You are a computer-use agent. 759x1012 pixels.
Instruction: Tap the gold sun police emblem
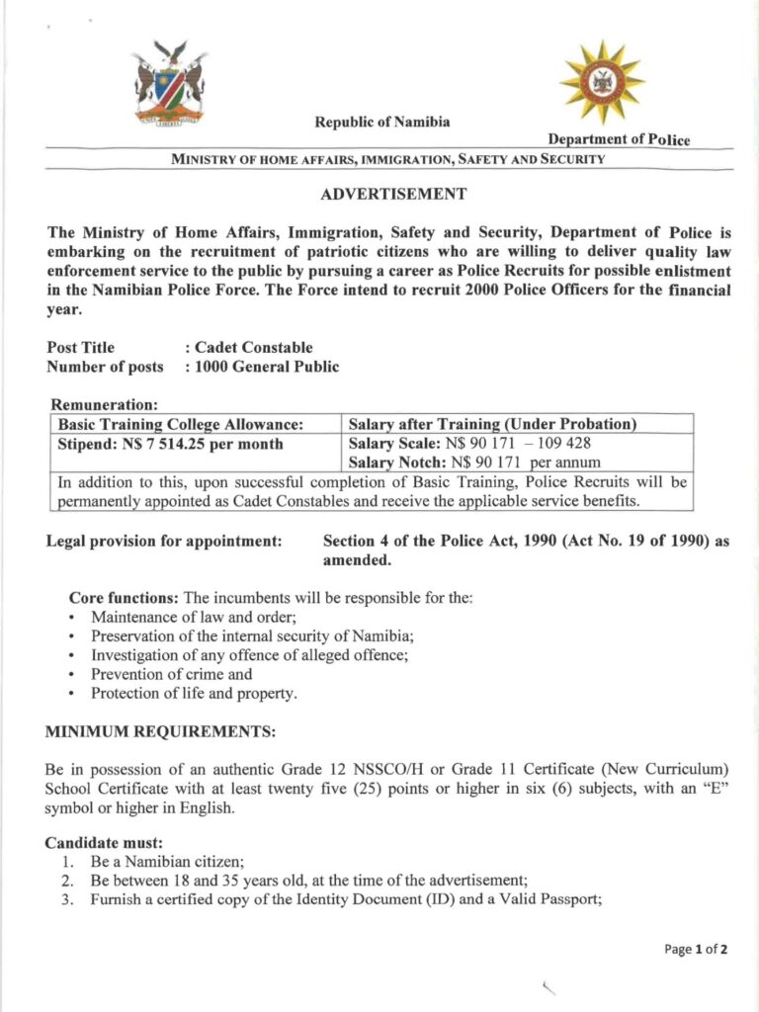click(x=602, y=82)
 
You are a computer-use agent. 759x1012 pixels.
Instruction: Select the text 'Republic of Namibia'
click(x=381, y=123)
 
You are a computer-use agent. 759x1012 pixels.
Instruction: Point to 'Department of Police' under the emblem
click(x=620, y=139)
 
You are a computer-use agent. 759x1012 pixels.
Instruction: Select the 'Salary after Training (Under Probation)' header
click(x=492, y=424)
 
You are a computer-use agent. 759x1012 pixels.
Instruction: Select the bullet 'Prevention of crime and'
click(x=171, y=674)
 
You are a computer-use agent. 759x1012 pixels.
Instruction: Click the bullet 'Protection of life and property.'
click(x=193, y=693)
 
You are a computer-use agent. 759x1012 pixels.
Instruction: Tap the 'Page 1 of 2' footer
click(x=696, y=950)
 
